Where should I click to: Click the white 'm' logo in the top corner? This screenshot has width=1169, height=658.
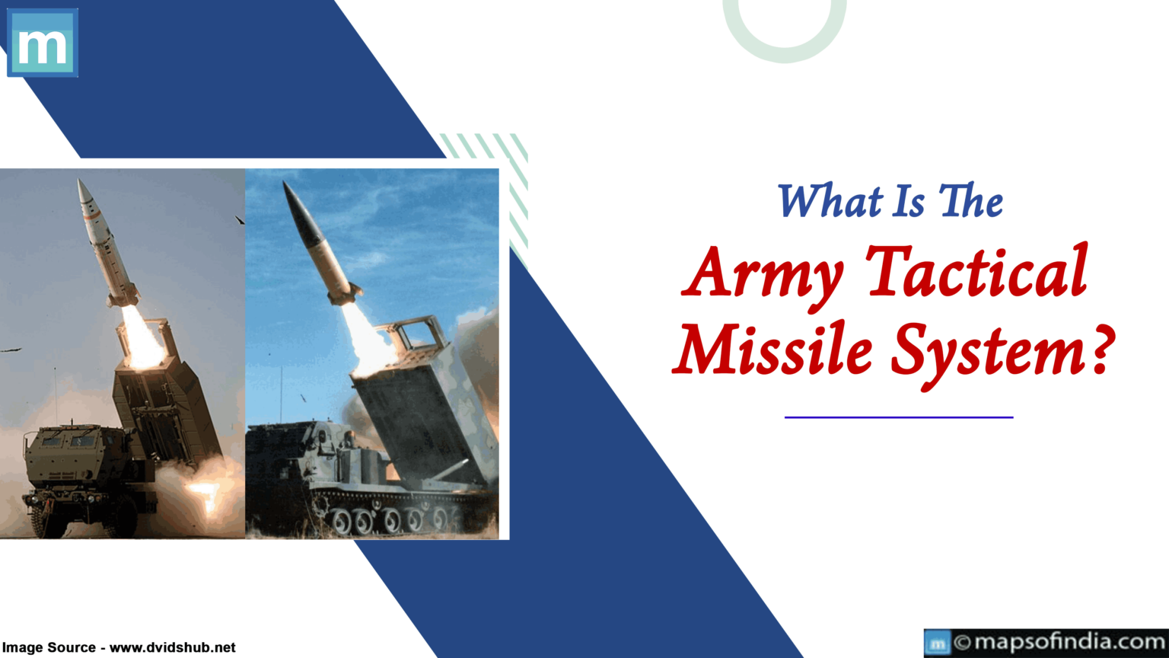click(x=42, y=43)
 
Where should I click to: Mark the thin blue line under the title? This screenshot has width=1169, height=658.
click(x=898, y=417)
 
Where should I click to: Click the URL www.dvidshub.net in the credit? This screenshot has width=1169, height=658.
click(x=173, y=647)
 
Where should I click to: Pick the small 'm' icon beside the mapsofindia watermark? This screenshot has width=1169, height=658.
click(x=938, y=644)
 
